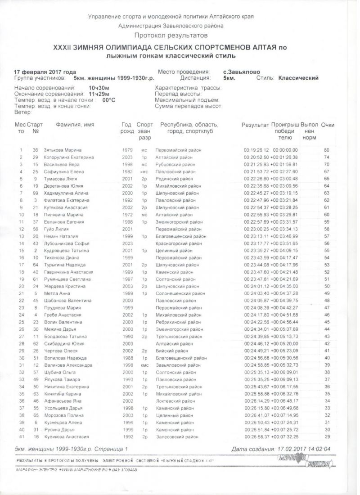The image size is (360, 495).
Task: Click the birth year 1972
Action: coord(127,215)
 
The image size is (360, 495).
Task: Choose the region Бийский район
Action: coord(172,351)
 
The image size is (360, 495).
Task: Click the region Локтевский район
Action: coord(175,400)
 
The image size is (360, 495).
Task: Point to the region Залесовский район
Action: coord(176,436)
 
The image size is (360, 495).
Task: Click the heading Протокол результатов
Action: coord(171,35)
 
